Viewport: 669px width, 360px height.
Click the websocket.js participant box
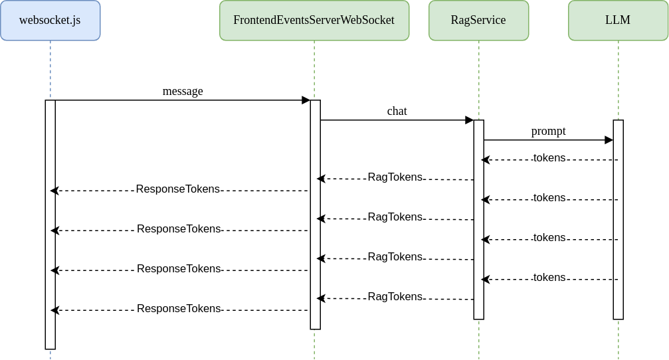(x=50, y=21)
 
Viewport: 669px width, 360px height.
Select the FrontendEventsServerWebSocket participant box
(x=314, y=21)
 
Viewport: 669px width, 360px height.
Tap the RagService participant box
(x=478, y=21)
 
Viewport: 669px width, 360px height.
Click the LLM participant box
(x=618, y=21)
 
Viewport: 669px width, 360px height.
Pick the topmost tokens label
(x=549, y=158)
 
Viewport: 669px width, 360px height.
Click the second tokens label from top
(x=549, y=198)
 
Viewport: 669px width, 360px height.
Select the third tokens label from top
(x=549, y=238)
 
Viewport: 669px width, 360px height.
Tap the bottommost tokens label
(x=549, y=278)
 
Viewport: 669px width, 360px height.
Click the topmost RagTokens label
(x=395, y=177)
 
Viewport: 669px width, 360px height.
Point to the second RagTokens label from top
(x=395, y=217)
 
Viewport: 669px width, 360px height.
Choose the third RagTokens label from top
(x=395, y=257)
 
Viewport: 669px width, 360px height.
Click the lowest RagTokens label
(x=395, y=297)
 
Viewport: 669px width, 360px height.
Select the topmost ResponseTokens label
(x=178, y=189)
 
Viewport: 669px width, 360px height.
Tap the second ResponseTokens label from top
(x=179, y=229)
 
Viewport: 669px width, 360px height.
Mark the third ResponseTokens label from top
(x=179, y=269)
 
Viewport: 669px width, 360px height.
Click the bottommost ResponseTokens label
(x=179, y=309)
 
